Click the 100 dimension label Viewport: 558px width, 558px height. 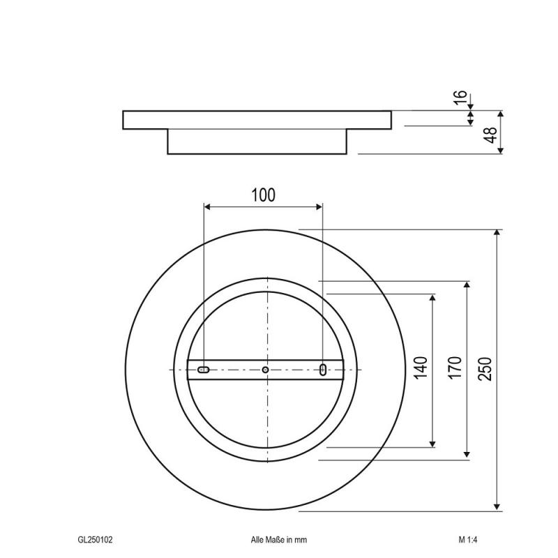(x=263, y=195)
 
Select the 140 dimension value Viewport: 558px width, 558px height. (x=421, y=368)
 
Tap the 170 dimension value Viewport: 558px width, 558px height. (x=454, y=368)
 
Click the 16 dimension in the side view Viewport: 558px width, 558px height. (x=460, y=98)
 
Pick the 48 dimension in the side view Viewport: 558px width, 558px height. (x=491, y=134)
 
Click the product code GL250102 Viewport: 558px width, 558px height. (x=96, y=539)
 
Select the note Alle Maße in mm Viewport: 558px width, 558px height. (x=279, y=539)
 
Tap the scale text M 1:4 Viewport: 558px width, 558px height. (x=467, y=539)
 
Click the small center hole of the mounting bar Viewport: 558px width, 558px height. (x=265, y=369)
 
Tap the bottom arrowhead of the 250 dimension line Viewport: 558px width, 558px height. (x=497, y=506)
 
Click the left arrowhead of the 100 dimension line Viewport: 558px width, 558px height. (x=208, y=206)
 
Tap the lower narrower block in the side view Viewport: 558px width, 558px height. (x=257, y=142)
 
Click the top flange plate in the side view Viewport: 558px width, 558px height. (x=257, y=120)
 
